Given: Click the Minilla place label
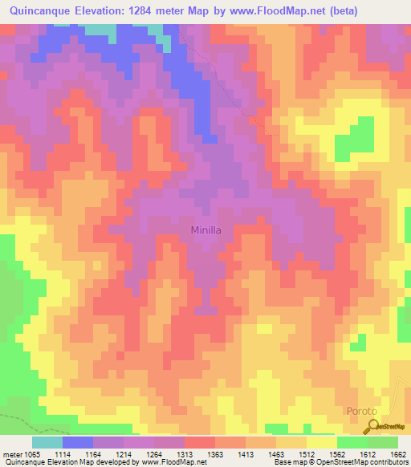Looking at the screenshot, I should (211, 230).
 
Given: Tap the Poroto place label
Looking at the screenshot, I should (360, 411).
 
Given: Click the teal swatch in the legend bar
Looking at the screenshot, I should (47, 442).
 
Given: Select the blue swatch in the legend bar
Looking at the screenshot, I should (78, 442).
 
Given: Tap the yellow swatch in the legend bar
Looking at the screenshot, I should (321, 442).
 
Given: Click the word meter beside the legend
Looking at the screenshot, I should (10, 454).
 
